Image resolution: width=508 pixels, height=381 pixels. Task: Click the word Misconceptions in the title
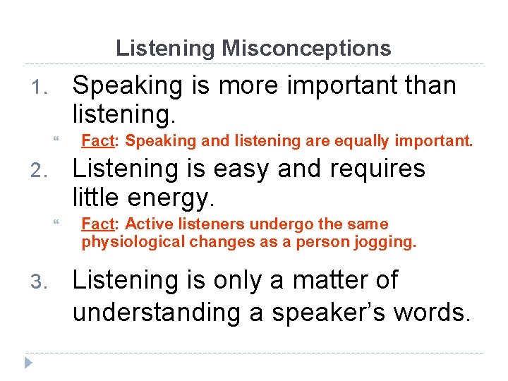(x=306, y=48)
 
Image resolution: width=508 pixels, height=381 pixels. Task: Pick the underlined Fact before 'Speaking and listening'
(x=98, y=141)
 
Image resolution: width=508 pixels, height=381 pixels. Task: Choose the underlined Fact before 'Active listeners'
(x=98, y=224)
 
